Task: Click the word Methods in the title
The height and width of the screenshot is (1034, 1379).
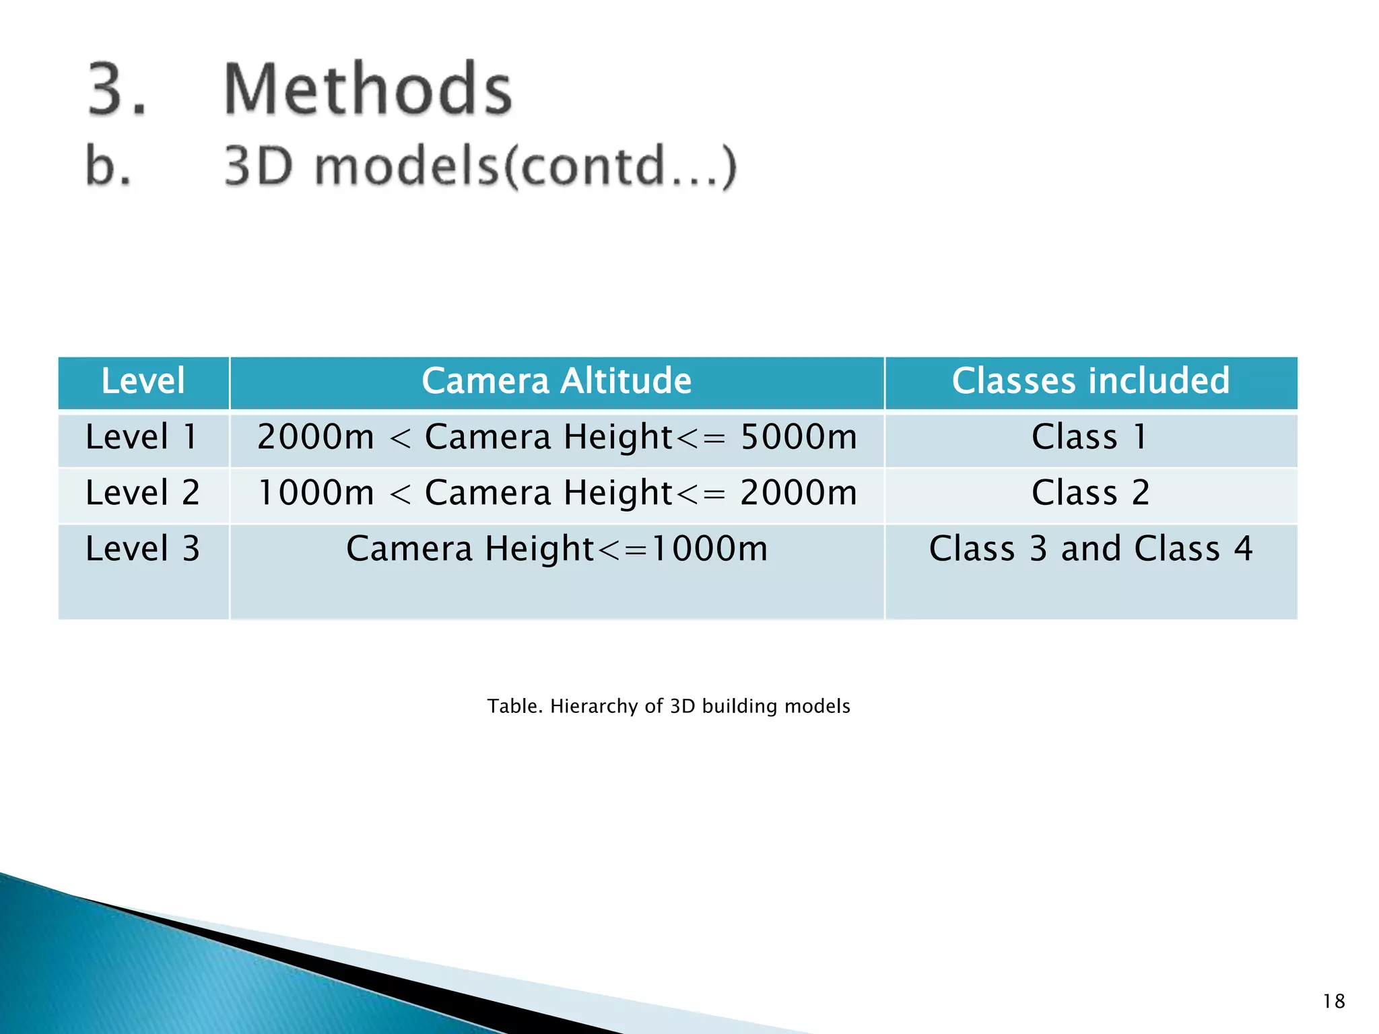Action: coord(368,89)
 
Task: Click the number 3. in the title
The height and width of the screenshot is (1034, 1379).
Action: coord(116,89)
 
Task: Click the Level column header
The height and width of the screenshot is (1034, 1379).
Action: coord(143,381)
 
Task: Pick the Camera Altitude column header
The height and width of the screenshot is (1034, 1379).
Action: coord(556,381)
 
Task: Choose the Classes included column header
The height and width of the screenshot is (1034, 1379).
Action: coord(1090,381)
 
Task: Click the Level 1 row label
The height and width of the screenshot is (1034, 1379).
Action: coord(141,437)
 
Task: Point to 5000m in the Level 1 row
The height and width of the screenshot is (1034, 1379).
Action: coord(799,437)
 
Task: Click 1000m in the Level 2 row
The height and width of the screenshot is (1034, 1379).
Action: coord(315,493)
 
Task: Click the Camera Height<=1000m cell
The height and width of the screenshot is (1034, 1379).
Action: coord(556,549)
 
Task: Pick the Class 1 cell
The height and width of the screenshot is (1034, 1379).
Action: coord(1089,437)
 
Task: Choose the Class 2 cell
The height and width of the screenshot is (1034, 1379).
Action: coord(1090,493)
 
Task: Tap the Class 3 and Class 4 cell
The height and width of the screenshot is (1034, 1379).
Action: coord(1090,549)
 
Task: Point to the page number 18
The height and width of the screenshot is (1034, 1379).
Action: coord(1333,1002)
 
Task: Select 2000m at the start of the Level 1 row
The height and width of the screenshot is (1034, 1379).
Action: coord(315,437)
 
